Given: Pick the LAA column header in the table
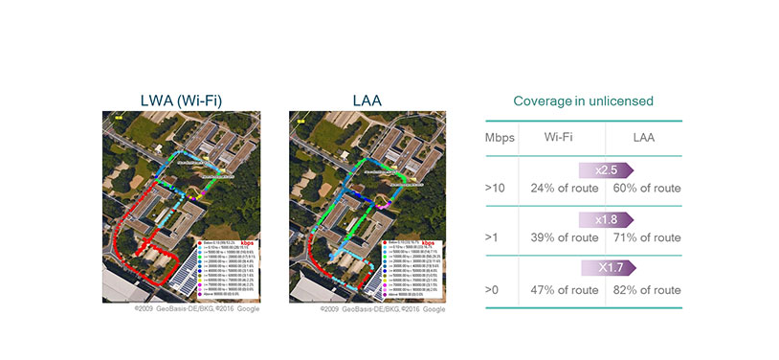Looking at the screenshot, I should point(643,138).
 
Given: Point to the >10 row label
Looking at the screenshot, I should point(496,188).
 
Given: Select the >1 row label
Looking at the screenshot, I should point(494,237).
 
